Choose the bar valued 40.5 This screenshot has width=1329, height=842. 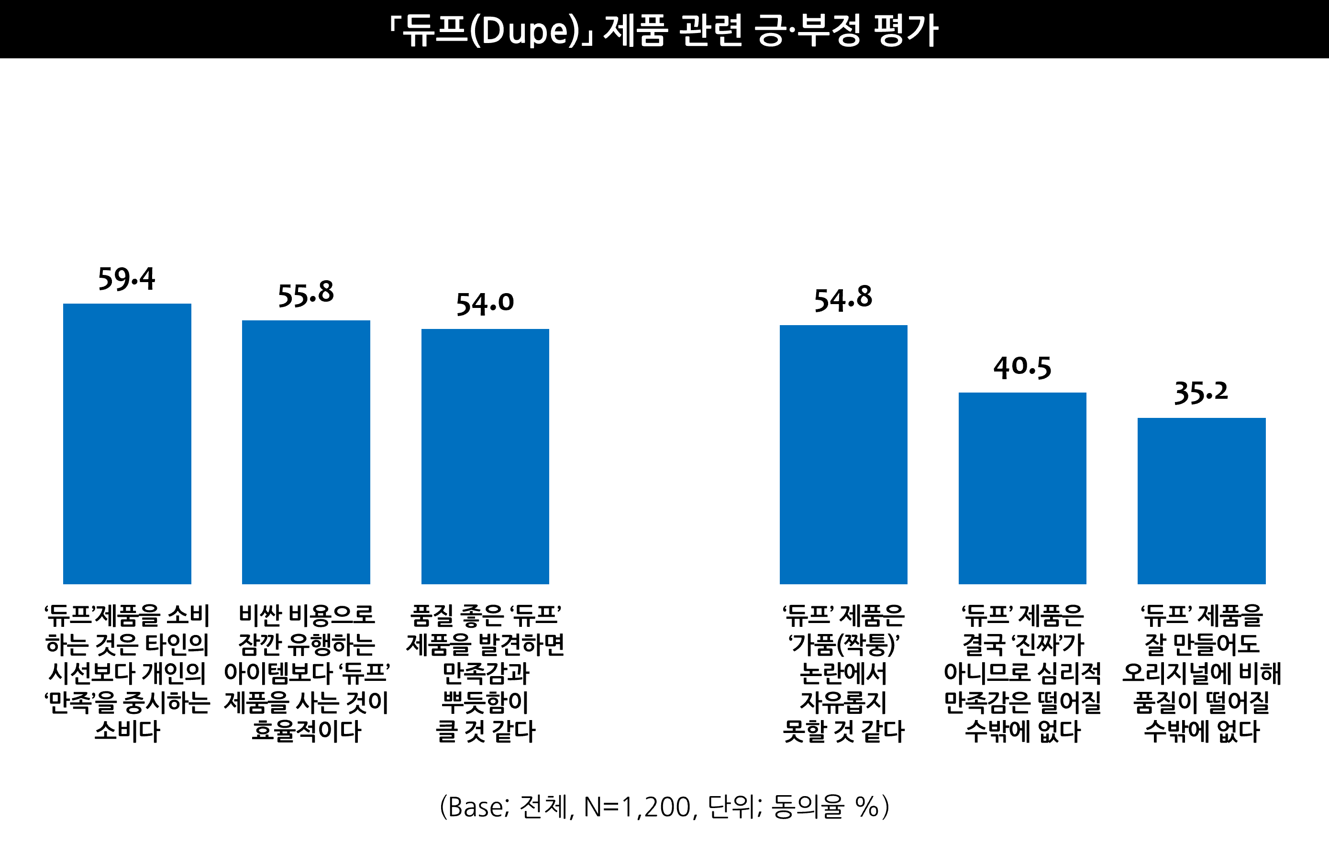click(1022, 488)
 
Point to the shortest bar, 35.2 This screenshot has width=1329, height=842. click(1202, 501)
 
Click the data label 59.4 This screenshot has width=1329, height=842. click(126, 279)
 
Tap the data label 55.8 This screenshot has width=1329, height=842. click(306, 294)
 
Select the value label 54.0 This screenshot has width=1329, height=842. click(485, 304)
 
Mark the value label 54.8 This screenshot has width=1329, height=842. click(843, 299)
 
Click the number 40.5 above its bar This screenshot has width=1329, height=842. click(1022, 368)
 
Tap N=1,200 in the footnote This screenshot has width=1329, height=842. click(637, 807)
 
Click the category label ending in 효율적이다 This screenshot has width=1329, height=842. click(306, 673)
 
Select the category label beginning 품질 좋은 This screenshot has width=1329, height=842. click(485, 673)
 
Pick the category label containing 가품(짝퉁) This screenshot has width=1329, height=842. click(843, 673)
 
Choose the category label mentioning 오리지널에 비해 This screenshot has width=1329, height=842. click(1202, 673)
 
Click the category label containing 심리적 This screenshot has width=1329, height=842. click(1022, 673)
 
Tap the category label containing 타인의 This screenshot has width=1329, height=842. click(127, 673)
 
